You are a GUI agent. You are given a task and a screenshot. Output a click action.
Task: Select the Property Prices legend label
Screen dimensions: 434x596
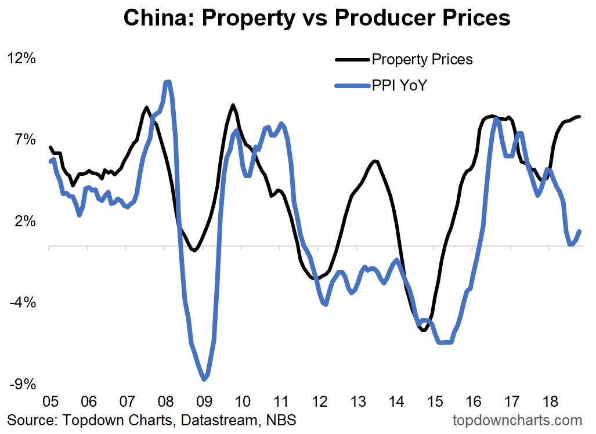422,59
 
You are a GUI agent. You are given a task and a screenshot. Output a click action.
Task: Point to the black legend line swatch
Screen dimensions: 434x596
352,59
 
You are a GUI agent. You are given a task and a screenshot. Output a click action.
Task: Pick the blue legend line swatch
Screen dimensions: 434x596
352,86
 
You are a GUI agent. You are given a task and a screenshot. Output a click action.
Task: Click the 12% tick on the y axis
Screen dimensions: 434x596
21,59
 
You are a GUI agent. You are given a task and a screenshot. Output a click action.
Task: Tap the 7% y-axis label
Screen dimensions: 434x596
26,140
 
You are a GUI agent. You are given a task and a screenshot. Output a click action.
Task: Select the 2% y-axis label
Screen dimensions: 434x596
26,222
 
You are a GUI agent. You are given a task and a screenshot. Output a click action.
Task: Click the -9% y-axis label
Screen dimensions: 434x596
23,384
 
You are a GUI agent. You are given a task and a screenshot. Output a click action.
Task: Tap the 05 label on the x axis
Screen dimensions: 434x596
50,402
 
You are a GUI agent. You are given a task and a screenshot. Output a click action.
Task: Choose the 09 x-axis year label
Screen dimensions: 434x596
204,402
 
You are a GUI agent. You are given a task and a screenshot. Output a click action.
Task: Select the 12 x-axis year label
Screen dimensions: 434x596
319,402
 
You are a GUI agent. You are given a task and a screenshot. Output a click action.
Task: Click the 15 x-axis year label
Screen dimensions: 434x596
435,402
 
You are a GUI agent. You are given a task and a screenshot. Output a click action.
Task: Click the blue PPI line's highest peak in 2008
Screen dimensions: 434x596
168,82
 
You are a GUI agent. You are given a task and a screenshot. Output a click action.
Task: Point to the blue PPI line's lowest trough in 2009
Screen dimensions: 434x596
204,379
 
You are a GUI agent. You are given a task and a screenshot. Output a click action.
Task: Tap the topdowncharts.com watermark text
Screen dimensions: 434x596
516,419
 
